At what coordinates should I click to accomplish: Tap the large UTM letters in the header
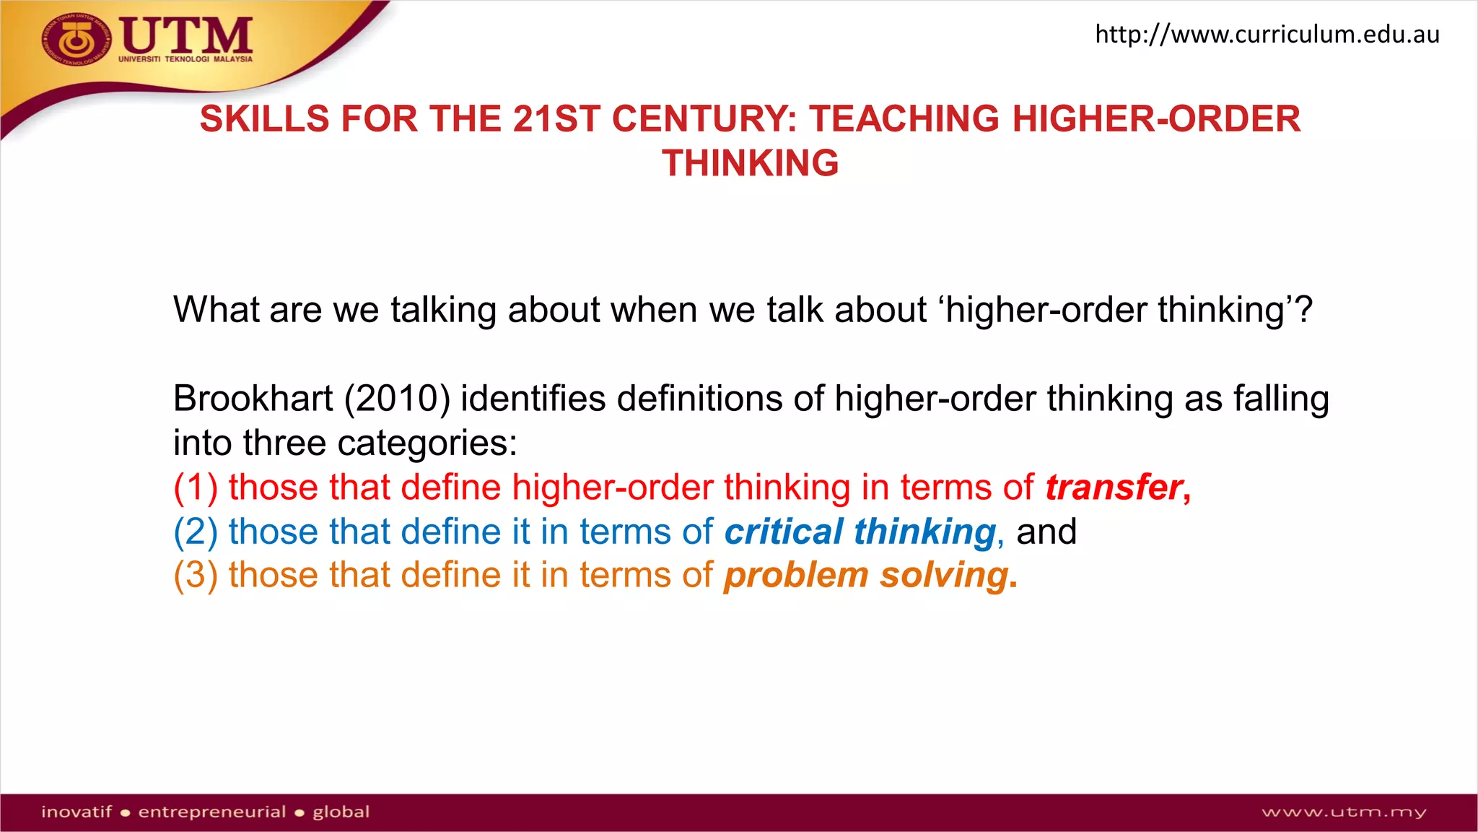pos(186,35)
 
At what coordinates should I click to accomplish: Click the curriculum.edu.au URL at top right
pos(1267,34)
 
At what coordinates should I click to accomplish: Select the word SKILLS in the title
pos(265,119)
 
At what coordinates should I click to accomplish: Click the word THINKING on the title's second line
pos(751,163)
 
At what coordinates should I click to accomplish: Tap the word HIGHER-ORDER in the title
pos(1156,119)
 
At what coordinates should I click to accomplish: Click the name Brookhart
pos(253,399)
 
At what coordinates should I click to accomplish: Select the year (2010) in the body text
pos(397,399)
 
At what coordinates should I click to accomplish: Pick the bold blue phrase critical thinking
pos(860,532)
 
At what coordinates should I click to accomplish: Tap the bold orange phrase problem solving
pos(866,576)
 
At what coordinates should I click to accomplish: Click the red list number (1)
pos(196,487)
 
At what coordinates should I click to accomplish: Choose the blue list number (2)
pos(196,532)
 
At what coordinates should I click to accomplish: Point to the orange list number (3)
pos(196,576)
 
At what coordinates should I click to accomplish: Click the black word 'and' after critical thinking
pos(1046,532)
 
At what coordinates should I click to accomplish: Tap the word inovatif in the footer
pos(76,812)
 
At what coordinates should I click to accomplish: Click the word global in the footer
pos(341,812)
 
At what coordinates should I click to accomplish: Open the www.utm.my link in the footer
pos(1344,812)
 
